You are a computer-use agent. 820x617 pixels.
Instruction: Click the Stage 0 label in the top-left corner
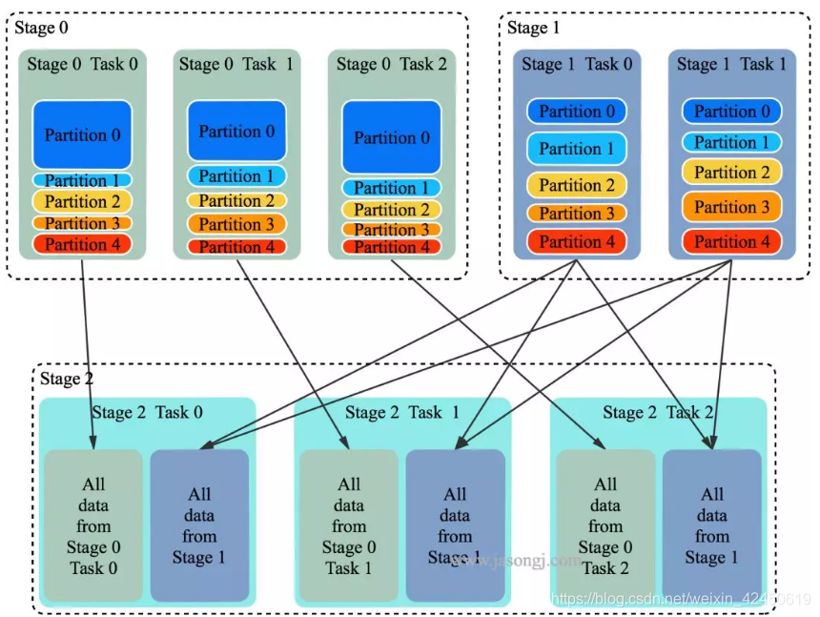(x=41, y=28)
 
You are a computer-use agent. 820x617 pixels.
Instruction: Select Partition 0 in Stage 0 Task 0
(x=82, y=134)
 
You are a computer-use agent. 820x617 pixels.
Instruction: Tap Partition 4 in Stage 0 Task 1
(x=236, y=247)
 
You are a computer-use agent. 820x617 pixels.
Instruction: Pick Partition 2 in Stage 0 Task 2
(x=392, y=210)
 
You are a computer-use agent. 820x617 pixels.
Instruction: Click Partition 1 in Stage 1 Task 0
(x=577, y=149)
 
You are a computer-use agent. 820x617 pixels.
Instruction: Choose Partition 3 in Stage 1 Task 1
(x=731, y=207)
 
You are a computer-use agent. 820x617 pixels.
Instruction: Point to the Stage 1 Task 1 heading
(x=731, y=64)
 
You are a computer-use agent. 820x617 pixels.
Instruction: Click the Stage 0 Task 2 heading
(x=391, y=64)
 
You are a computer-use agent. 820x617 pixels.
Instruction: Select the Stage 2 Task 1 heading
(x=402, y=412)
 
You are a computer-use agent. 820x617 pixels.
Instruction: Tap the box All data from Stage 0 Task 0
(x=93, y=525)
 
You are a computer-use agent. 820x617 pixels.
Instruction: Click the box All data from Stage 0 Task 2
(x=605, y=525)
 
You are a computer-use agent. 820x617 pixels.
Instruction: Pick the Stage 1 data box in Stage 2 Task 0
(x=199, y=525)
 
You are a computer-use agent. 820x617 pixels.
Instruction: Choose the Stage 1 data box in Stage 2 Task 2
(x=711, y=525)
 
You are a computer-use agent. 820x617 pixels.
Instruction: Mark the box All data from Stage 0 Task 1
(x=349, y=525)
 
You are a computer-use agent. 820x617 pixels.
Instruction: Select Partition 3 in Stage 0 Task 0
(x=82, y=223)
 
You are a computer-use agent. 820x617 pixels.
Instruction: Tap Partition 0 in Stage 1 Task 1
(x=731, y=112)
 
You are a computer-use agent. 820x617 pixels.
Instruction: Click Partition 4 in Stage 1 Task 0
(x=577, y=241)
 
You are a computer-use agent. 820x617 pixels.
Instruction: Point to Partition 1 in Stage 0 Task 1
(x=236, y=176)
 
